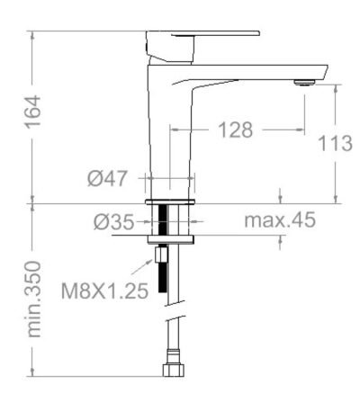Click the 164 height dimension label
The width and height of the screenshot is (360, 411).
coord(32,112)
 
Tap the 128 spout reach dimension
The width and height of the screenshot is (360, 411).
coord(236,130)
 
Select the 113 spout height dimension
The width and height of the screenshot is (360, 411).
coord(335,143)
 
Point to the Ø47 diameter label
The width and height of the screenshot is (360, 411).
coord(107,178)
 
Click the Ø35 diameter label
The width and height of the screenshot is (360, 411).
coord(113,222)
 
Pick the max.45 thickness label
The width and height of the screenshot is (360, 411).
coord(280,219)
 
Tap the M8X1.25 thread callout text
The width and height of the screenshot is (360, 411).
coord(105,290)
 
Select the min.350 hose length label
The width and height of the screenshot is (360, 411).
coord(33,299)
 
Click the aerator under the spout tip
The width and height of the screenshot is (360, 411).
coord(304,83)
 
